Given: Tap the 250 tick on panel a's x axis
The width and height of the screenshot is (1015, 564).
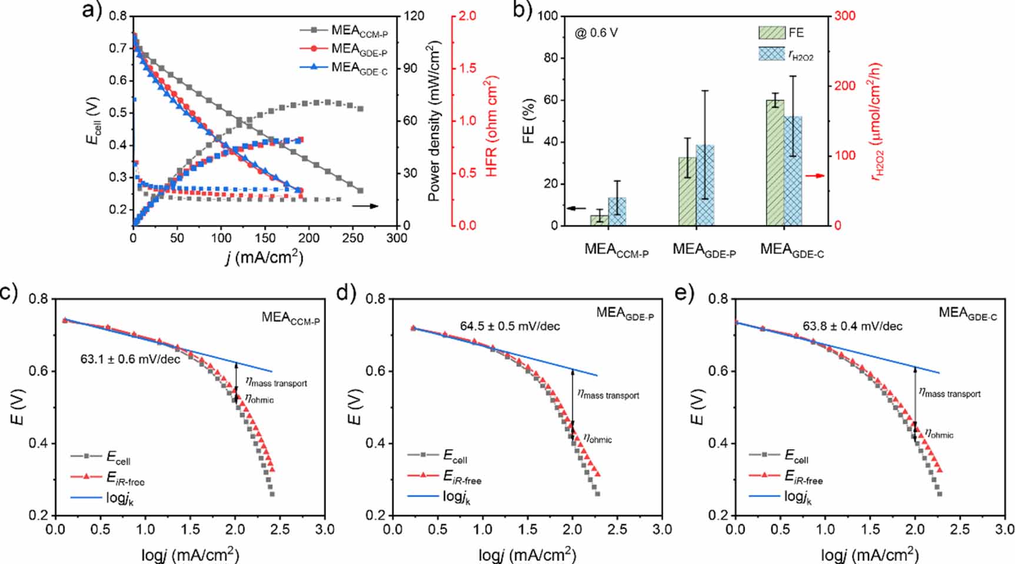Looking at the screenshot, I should [352, 238].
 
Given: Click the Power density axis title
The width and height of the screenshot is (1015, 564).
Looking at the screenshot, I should [434, 121].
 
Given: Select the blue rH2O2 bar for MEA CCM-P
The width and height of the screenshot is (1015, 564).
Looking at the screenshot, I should [617, 211].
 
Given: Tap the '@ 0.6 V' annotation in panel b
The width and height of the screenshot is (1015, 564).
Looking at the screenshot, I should [596, 33].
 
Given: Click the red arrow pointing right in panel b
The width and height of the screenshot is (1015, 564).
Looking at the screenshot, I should [814, 175].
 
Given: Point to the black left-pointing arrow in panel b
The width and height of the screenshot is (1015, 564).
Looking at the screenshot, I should [576, 208].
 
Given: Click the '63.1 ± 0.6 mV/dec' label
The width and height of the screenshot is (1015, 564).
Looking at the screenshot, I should [130, 359].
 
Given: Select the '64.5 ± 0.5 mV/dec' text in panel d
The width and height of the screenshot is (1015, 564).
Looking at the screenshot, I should [510, 326].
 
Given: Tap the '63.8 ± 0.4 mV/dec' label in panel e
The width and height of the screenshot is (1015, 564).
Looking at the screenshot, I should [852, 326].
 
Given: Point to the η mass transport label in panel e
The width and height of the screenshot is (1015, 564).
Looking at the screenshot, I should [950, 393].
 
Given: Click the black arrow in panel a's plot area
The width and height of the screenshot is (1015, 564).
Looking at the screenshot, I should [365, 206].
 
